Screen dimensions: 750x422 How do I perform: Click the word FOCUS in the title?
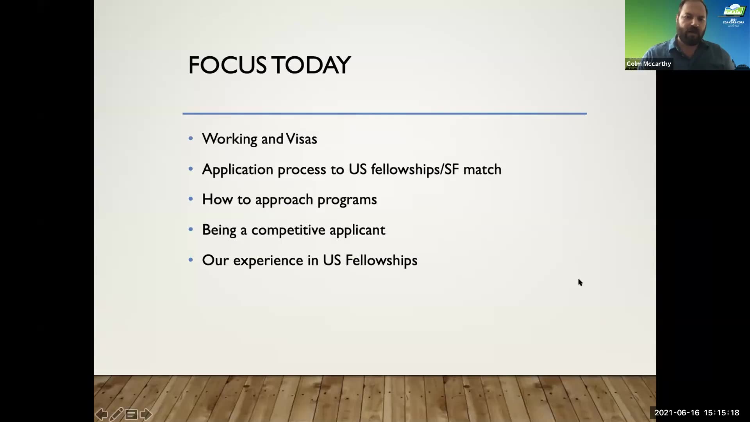(227, 65)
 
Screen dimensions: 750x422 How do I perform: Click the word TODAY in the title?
(311, 65)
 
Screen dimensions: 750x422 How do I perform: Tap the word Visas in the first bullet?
(301, 139)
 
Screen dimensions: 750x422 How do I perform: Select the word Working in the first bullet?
(230, 139)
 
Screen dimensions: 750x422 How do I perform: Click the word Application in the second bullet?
(237, 170)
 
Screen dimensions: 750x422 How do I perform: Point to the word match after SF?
(482, 170)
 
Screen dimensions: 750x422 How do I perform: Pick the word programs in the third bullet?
(347, 200)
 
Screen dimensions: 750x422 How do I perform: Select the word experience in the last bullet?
(268, 261)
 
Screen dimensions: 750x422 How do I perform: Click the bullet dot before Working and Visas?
(191, 138)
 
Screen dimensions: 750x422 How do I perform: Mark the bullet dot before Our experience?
(191, 259)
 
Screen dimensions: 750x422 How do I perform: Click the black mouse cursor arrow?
(580, 283)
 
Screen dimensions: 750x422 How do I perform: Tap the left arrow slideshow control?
(101, 414)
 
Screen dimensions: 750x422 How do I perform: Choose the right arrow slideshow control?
(146, 414)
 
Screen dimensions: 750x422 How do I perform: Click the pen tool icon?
(116, 414)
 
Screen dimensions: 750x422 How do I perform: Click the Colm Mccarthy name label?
(649, 64)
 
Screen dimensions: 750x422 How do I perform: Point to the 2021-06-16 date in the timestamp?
(677, 413)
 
